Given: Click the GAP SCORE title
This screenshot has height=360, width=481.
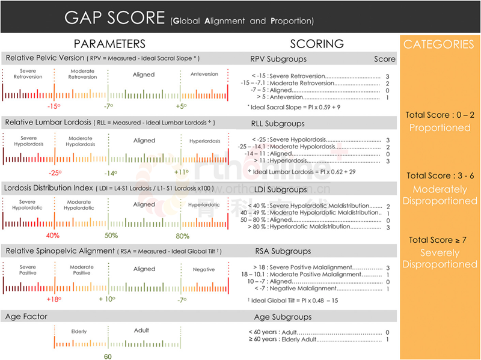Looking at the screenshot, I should coord(114,17).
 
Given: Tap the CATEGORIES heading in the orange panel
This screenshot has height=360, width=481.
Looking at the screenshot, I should coord(438,44).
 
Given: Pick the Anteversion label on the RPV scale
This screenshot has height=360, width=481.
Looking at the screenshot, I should coord(204,75).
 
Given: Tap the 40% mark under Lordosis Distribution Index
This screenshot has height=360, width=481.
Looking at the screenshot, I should coord(53,236).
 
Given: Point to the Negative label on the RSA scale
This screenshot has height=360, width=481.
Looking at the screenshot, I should coord(204,270).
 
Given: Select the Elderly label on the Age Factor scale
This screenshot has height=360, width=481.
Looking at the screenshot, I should coord(79,331).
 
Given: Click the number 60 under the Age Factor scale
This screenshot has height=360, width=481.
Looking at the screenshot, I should coord(108,356).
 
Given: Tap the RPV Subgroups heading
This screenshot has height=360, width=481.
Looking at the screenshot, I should coord(278,59).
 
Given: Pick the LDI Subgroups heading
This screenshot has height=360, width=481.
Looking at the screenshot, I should coord(278,190).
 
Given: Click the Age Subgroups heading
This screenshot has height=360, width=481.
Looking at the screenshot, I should coord(283,317).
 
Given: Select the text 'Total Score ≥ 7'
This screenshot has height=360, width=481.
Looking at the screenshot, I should coord(438,240).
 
